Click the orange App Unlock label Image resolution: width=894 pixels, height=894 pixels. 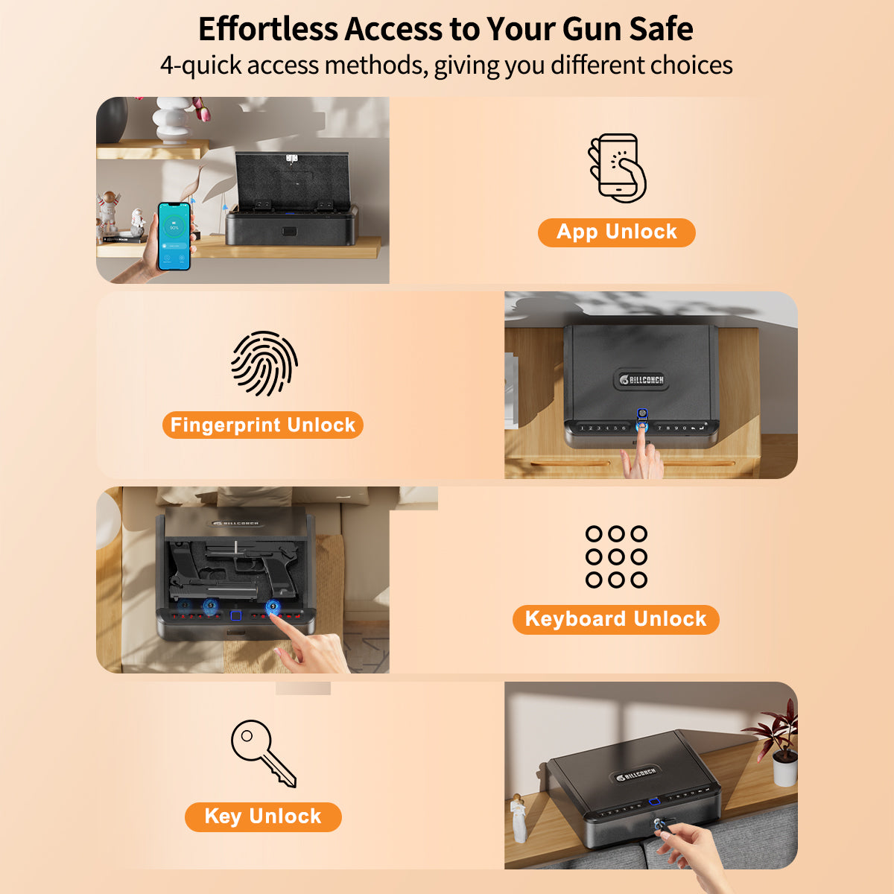[616, 232]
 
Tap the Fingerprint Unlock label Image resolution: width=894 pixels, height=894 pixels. [262, 425]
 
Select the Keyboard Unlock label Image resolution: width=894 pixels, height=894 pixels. [615, 619]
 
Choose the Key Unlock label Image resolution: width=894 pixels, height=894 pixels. [262, 817]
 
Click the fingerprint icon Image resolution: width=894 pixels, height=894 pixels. [264, 364]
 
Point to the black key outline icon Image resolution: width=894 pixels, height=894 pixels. [262, 752]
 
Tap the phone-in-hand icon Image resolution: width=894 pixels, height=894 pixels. [617, 168]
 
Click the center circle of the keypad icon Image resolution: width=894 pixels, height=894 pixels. [616, 557]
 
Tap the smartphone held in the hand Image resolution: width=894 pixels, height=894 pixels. [174, 235]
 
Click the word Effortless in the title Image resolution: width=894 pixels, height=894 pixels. [267, 30]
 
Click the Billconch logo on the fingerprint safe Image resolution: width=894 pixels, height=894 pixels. [641, 379]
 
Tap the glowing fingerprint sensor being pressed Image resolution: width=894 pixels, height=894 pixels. [641, 427]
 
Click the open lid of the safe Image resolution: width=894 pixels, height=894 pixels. [291, 181]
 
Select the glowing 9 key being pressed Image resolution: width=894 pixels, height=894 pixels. [273, 606]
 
